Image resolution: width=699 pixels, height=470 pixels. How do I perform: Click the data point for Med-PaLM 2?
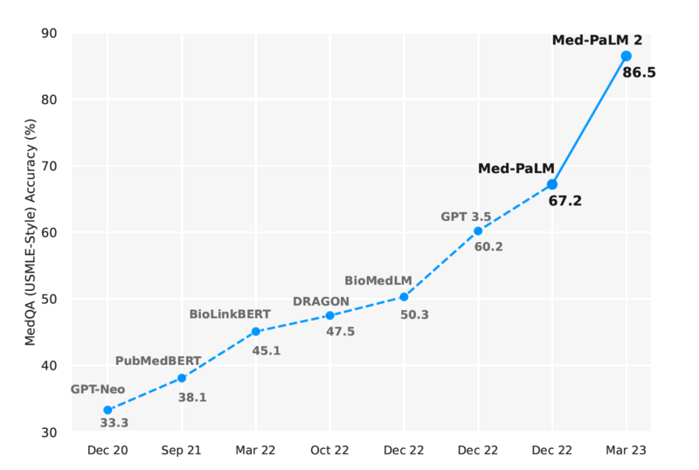click(x=626, y=56)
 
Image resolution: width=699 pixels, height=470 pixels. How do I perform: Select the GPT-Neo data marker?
click(x=107, y=410)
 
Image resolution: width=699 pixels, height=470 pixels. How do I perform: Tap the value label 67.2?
click(x=564, y=201)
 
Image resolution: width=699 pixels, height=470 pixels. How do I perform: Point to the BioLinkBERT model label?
click(x=230, y=314)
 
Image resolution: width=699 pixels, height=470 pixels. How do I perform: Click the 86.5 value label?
click(x=639, y=73)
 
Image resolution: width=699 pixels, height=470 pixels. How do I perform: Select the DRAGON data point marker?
click(x=329, y=315)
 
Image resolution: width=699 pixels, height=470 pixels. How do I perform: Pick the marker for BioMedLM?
click(x=404, y=297)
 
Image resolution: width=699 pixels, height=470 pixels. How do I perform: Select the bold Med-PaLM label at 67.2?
click(x=516, y=168)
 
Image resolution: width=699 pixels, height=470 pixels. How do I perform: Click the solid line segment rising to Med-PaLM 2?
click(x=590, y=120)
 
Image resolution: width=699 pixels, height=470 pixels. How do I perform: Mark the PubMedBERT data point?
click(x=182, y=378)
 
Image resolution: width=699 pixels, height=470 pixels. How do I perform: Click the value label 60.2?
click(x=488, y=247)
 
